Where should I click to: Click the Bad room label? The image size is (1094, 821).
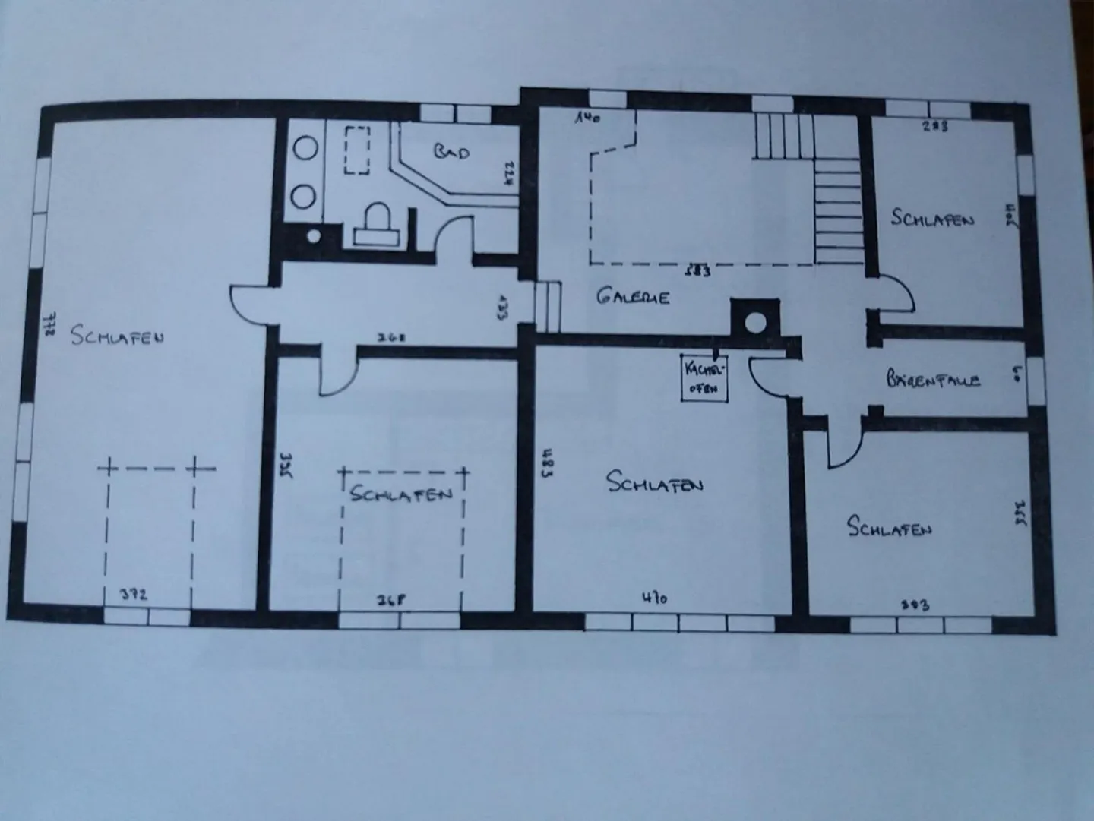tap(451, 151)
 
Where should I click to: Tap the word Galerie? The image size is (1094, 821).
tap(633, 296)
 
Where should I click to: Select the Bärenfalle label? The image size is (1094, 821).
tap(933, 378)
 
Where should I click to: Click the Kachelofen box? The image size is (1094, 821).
tap(705, 379)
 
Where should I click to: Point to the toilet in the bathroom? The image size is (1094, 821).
tap(377, 225)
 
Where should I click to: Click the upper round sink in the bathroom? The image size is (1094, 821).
tap(305, 148)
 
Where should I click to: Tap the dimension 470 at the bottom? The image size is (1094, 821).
tap(654, 598)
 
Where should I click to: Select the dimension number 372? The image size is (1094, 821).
tap(134, 595)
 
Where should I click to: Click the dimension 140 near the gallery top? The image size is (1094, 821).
tap(587, 118)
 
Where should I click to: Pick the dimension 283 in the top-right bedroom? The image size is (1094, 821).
tap(934, 126)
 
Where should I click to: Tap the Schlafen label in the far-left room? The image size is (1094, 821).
tap(117, 335)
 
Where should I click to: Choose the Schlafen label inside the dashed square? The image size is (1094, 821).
tap(401, 494)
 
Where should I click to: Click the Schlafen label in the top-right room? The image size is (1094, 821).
tap(932, 219)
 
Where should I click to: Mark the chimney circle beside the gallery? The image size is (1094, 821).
tap(755, 322)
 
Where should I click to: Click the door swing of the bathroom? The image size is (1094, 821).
tap(454, 235)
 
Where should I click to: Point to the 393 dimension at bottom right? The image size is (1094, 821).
tap(915, 605)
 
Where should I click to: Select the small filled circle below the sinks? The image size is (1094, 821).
tap(313, 235)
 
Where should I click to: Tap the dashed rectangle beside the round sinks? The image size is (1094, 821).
tap(357, 150)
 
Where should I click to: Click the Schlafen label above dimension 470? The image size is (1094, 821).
tap(654, 483)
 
